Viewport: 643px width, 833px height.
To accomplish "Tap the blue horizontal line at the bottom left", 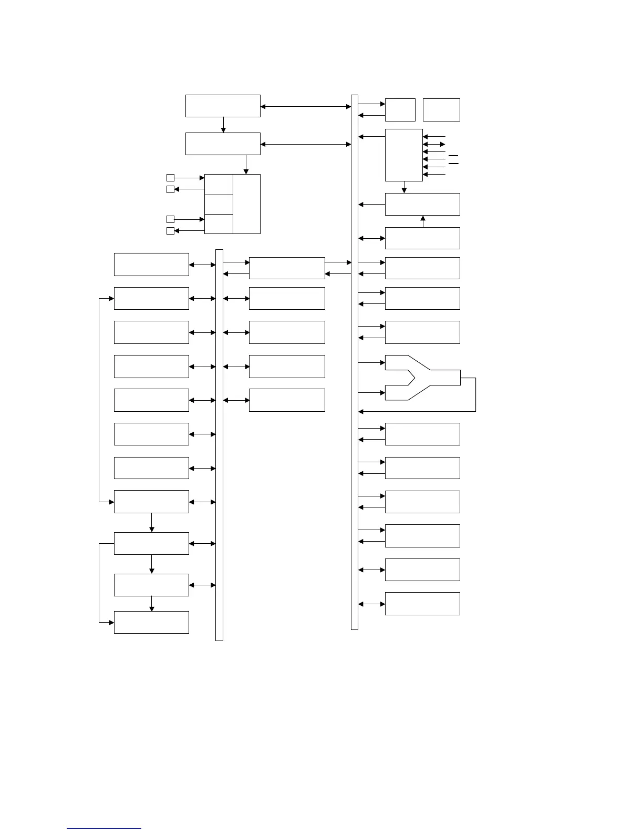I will coord(104,828).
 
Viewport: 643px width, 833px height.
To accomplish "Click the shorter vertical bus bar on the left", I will coord(219,445).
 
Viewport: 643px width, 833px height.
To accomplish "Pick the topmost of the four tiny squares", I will coord(170,178).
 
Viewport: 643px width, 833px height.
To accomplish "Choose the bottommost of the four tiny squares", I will coord(170,231).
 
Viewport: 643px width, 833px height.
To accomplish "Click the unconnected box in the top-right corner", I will coord(441,110).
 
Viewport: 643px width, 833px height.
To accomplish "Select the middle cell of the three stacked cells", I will coord(219,204).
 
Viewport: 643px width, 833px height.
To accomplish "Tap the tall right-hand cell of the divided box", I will coord(246,204).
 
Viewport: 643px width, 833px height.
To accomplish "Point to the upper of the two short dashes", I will coord(453,156).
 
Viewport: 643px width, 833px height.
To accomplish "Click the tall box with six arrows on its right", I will coord(403,155).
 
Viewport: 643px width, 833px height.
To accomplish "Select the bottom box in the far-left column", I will coord(151,622).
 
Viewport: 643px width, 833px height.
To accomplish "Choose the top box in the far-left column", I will coord(151,265).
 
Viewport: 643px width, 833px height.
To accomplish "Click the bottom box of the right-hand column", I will coord(422,604).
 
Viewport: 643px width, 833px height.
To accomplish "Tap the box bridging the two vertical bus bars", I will coord(287,268).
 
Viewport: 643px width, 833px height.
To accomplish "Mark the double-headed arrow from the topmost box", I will coord(306,107).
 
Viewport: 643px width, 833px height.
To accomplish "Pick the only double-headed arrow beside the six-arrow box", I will coord(434,144).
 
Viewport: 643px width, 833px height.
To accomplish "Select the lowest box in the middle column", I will coord(287,400).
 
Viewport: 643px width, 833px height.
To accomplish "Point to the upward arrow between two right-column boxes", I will coord(423,221).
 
